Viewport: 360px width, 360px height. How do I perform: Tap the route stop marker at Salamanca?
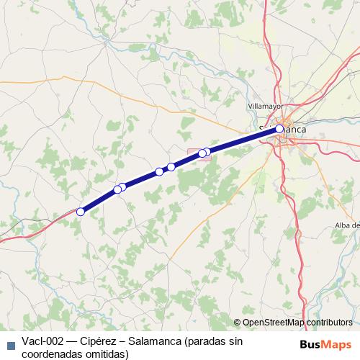[279, 129]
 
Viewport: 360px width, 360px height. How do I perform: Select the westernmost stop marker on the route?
[81, 212]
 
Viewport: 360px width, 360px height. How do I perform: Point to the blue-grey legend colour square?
[10, 345]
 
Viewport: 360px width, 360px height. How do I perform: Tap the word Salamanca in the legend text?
[151, 341]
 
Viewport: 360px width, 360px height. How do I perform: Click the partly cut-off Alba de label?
[346, 226]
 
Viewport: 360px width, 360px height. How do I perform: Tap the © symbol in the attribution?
[238, 323]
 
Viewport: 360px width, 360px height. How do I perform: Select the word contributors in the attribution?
[329, 323]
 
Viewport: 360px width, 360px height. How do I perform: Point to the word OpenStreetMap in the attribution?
[274, 323]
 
